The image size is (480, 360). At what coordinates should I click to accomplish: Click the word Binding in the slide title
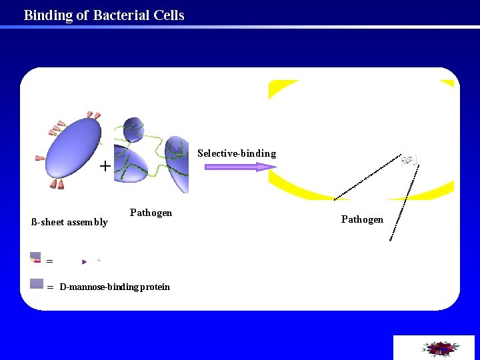click(49, 15)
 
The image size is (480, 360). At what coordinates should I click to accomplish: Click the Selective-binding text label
click(236, 153)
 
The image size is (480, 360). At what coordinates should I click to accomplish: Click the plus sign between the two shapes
click(105, 166)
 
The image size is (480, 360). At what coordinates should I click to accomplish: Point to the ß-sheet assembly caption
click(69, 222)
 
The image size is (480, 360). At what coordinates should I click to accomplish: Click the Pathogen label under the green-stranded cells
click(151, 213)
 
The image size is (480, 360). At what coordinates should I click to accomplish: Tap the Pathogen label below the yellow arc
click(362, 219)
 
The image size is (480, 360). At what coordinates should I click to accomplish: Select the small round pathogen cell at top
click(131, 129)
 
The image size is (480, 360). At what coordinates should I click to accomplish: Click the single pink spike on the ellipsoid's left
click(39, 159)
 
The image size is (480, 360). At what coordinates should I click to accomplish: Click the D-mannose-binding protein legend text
click(114, 287)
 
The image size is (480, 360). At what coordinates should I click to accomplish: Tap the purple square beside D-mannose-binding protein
click(37, 283)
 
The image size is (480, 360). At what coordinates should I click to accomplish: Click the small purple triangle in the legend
click(85, 261)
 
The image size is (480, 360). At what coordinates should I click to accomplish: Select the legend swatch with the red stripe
click(35, 258)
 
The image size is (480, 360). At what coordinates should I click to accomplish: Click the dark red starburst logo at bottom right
click(439, 349)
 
